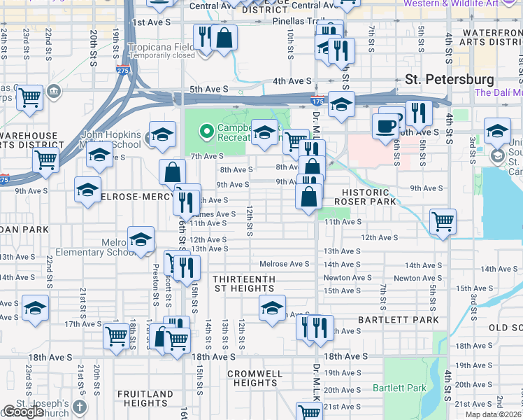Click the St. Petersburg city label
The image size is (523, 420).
450,80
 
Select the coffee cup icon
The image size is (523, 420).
385,127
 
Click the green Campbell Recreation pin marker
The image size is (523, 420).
206,130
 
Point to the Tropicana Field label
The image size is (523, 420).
161,47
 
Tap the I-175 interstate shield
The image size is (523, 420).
318,101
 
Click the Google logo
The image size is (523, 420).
23,412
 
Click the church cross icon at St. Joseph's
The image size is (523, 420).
80,407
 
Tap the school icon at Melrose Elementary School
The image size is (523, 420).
141,239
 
